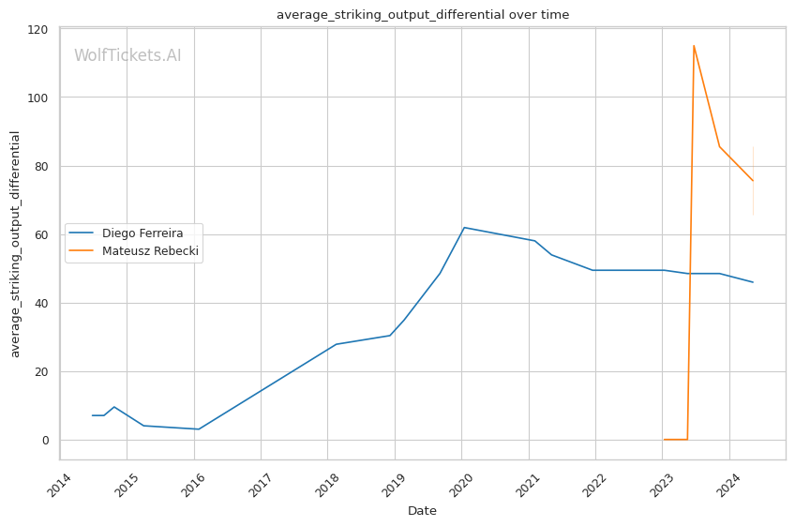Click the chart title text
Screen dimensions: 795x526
[x=422, y=15]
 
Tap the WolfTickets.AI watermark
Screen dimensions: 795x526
[x=127, y=55]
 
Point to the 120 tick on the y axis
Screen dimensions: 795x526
[x=37, y=30]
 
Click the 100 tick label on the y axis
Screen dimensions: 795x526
[x=37, y=98]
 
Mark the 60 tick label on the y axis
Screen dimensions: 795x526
[x=41, y=234]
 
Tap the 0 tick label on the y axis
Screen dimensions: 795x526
[x=46, y=441]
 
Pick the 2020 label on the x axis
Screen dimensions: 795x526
[x=461, y=485]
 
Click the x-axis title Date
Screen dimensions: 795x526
[x=422, y=511]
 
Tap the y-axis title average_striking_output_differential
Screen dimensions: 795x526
[x=15, y=244]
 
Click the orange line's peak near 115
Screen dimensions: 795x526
[x=694, y=46]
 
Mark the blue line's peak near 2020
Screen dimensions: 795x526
[x=464, y=227]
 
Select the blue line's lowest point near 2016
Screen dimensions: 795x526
[x=198, y=429]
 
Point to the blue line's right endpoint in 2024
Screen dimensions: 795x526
[x=753, y=282]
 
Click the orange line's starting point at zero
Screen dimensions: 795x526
[x=664, y=439]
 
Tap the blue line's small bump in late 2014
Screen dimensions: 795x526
[x=114, y=407]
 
